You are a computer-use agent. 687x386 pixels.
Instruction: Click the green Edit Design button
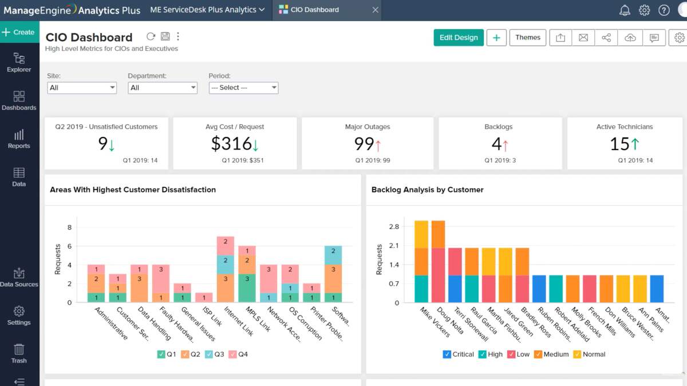459,38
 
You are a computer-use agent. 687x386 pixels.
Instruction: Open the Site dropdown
82,88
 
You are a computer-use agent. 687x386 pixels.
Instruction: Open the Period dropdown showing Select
243,88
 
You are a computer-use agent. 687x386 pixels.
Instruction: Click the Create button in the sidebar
19,32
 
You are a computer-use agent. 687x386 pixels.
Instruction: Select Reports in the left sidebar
19,139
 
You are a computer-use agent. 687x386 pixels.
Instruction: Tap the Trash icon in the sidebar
19,353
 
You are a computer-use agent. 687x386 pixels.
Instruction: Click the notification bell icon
625,10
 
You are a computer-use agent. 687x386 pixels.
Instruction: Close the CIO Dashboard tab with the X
375,10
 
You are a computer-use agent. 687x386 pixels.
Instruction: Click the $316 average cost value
231,144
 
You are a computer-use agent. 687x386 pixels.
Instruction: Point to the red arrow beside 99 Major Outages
377,144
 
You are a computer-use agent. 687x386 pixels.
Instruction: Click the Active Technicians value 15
619,144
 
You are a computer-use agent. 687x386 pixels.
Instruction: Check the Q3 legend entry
215,355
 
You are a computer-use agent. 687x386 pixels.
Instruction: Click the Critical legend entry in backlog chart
458,355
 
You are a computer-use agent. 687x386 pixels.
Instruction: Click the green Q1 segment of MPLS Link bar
247,288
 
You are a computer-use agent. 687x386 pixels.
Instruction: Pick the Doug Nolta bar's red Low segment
438,275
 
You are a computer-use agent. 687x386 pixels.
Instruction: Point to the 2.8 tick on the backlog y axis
393,227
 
